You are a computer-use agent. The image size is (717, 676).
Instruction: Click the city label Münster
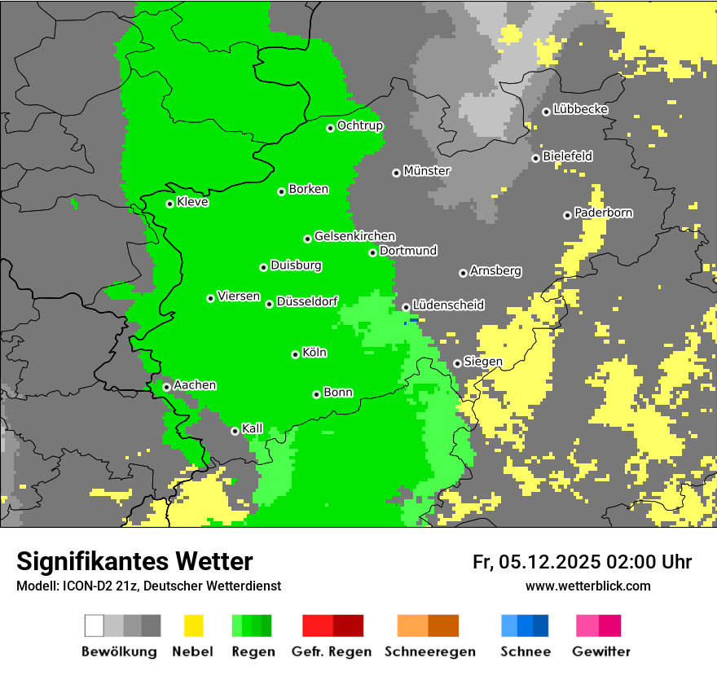pos(427,171)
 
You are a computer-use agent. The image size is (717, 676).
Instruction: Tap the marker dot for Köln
pos(295,354)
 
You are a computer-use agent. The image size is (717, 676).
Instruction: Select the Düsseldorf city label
pos(307,301)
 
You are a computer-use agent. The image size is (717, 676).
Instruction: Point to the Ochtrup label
pos(360,125)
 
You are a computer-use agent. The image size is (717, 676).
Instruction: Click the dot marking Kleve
pos(169,204)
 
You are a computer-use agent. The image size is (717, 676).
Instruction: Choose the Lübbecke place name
pos(581,109)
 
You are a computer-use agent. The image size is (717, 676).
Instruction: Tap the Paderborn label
pos(604,213)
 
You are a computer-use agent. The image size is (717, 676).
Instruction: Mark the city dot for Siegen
pos(457,363)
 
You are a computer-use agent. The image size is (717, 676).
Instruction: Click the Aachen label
pos(195,384)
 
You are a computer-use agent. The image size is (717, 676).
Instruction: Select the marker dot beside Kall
pos(235,431)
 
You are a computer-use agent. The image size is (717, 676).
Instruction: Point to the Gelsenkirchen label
pos(354,236)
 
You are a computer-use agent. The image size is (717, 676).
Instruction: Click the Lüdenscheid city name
pos(448,305)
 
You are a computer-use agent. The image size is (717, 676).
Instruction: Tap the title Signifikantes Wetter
pos(134,561)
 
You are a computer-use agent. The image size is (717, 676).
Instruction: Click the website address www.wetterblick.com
pos(588,586)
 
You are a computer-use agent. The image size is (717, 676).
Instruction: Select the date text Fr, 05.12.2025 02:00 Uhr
pos(582,562)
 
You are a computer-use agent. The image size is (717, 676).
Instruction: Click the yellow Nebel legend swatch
pos(194,626)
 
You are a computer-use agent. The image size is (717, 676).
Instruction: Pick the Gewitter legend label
pos(601,652)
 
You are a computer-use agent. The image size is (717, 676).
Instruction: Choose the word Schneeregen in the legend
pos(429,652)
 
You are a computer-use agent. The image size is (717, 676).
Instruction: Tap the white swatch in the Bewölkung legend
pos(95,626)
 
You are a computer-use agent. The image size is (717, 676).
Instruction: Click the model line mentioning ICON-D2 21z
pos(148,586)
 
